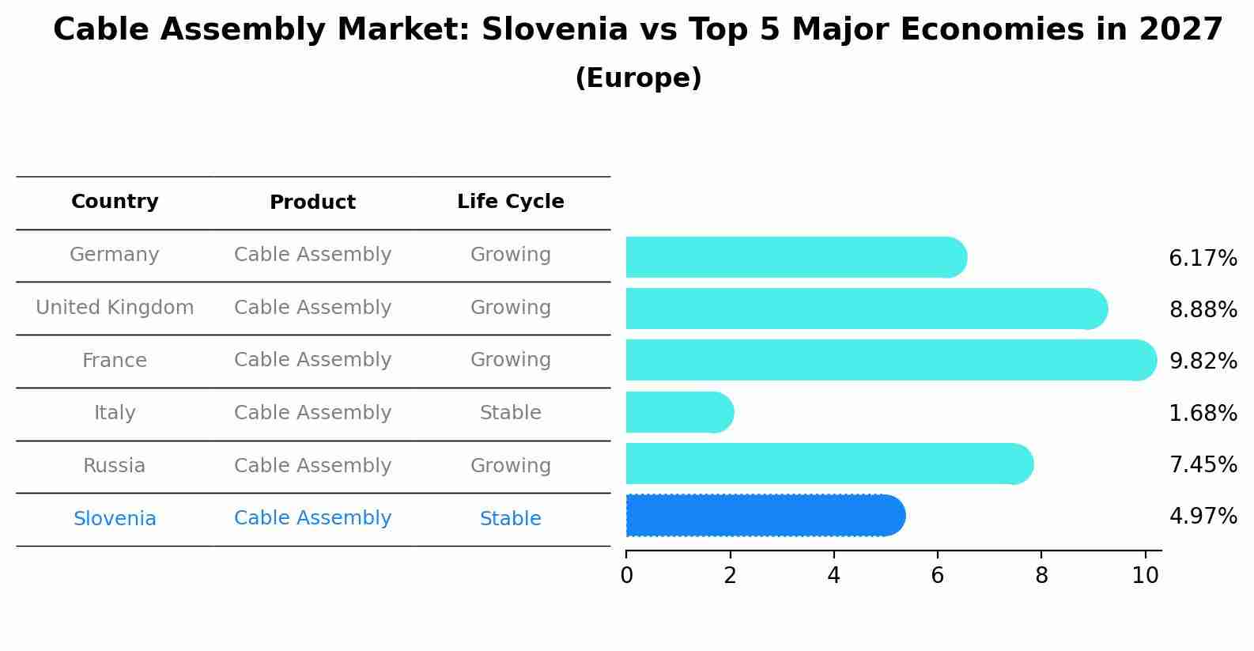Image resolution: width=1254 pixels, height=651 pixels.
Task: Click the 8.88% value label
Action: pos(1203,309)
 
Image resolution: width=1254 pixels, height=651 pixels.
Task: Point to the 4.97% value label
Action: pos(1203,517)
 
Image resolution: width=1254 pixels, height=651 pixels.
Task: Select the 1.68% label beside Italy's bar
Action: pos(1203,413)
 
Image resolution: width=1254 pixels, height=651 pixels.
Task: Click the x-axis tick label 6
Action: pos(937,576)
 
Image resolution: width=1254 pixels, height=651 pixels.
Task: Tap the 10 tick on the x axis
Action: pos(1145,576)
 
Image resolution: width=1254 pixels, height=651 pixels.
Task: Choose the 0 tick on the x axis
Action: pos(626,576)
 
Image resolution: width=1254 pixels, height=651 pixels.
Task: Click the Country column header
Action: pos(115,202)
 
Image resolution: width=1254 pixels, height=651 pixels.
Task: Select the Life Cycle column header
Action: pos(510,202)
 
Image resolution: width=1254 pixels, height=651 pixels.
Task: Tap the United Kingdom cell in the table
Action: pos(115,308)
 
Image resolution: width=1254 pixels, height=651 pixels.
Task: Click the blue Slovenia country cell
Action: pos(115,519)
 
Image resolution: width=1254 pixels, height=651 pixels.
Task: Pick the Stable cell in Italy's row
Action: pos(510,413)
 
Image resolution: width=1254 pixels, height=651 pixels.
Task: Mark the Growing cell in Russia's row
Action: pos(510,466)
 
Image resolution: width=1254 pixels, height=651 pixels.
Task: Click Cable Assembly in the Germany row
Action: pos(312,255)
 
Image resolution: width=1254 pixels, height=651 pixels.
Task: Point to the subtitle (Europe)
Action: pos(638,78)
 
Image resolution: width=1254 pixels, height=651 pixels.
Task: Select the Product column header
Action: pos(312,202)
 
